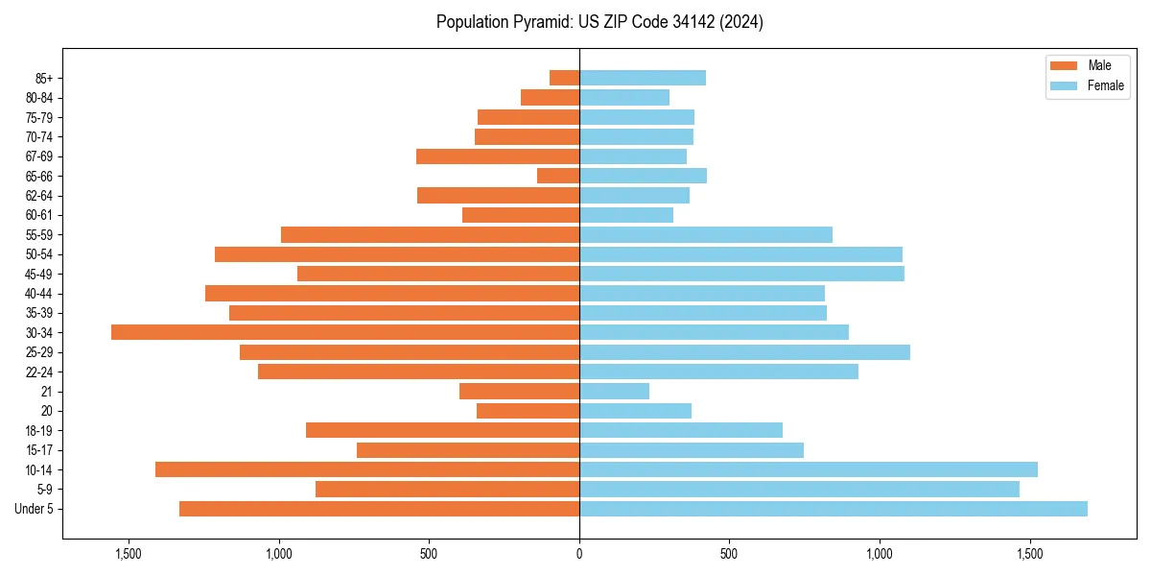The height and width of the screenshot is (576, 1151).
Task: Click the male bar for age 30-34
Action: click(345, 332)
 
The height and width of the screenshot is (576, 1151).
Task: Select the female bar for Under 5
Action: click(833, 509)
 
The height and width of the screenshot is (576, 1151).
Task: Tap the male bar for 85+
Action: click(564, 78)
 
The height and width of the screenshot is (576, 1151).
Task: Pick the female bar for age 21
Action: click(614, 392)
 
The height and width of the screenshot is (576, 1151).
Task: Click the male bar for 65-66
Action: click(558, 176)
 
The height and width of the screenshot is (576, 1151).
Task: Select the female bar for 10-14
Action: click(808, 469)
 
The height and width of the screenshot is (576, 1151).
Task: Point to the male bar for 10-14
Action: click(367, 469)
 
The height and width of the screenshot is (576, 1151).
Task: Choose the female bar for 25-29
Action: click(744, 352)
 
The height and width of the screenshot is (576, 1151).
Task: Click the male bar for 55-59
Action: click(430, 235)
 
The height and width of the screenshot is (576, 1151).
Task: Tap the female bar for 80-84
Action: click(624, 98)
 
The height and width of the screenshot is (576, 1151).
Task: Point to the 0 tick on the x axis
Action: click(579, 554)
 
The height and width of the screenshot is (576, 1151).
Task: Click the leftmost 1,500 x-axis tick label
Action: click(129, 554)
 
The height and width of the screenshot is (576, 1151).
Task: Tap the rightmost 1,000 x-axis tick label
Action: click(880, 554)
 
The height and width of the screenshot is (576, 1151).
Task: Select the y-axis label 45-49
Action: click(37, 274)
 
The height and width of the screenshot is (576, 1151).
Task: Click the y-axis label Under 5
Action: click(34, 509)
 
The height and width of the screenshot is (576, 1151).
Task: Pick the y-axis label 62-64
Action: click(37, 196)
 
